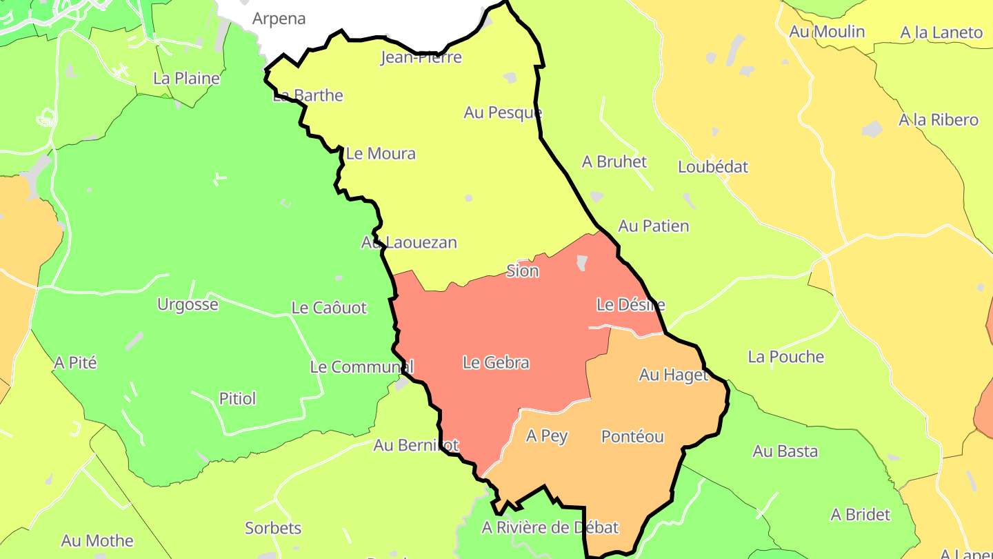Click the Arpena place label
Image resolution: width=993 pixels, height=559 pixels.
coord(279,19)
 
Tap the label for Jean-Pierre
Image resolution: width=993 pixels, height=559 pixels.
coord(421,57)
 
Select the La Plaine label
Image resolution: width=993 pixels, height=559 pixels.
coord(186,78)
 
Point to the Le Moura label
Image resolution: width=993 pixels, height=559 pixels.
coord(381,153)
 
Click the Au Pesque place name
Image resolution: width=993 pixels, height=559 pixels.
coord(503,112)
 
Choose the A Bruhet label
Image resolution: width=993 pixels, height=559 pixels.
coord(614,161)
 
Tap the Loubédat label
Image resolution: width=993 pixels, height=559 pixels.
coord(712,167)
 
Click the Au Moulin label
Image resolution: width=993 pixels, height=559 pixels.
coord(827,32)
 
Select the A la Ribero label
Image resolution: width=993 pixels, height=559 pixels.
coord(938,120)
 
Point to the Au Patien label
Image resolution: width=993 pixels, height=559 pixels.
coord(653,226)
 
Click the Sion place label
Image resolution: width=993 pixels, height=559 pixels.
coord(522,271)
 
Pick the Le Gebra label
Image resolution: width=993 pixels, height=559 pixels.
coord(496,362)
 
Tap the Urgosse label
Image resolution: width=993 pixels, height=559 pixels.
coord(188,304)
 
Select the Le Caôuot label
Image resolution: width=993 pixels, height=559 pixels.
coord(329,308)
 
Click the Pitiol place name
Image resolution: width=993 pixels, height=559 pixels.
coord(237,398)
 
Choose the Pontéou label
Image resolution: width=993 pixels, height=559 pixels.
coord(632,436)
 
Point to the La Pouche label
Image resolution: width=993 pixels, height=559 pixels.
coord(785,357)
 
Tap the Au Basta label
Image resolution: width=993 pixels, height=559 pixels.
coord(785,451)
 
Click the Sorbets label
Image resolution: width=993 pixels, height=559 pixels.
coord(273,528)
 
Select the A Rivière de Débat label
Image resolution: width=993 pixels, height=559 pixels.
coord(550,528)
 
